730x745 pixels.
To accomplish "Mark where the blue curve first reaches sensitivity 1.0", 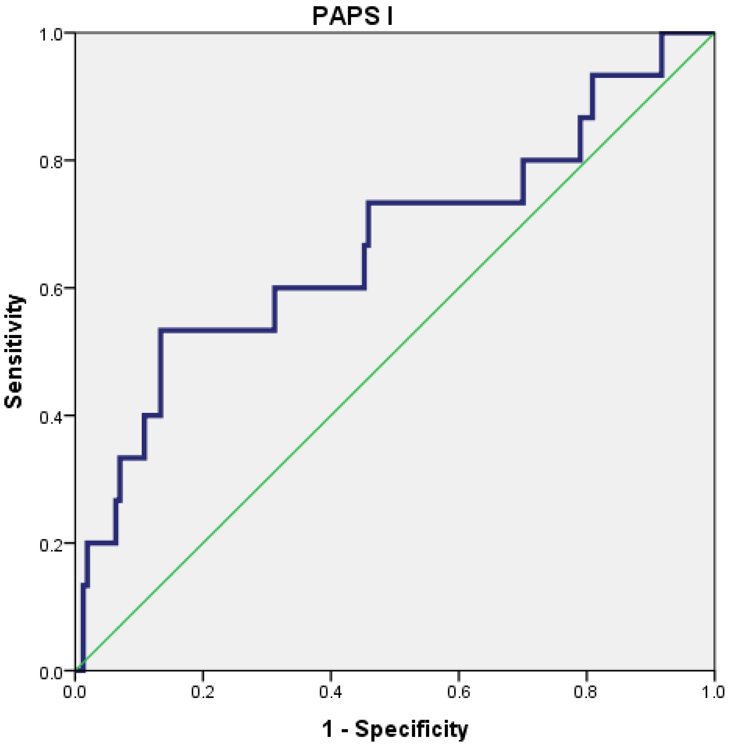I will [661, 34].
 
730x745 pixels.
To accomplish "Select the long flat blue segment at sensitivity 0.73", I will [445, 202].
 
